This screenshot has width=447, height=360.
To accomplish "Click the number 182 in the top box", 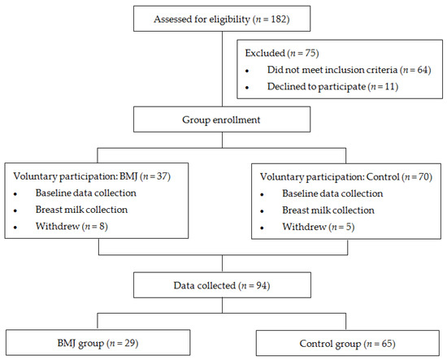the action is point(279,20).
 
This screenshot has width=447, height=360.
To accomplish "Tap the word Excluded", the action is point(265,53).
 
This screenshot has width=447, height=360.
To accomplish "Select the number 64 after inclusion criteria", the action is point(423,70).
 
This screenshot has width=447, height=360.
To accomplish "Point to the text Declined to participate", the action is point(316,87).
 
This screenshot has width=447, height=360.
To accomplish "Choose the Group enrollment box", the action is point(222,119).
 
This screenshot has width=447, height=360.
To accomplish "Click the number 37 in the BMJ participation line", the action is point(162,176).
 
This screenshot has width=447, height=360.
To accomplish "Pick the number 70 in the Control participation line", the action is point(423,177).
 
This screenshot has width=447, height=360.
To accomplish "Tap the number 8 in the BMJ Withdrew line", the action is point(102,226).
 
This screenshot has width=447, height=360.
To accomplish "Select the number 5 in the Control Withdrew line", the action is point(349,227).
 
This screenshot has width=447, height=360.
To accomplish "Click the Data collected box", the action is point(222,285).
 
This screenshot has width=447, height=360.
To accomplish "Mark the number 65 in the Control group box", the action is point(387,344).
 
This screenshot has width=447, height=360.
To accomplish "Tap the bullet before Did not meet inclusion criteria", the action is point(247,71).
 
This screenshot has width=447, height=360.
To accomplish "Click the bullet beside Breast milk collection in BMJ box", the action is point(15,211).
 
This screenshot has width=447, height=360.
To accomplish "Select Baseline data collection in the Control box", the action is point(332,193).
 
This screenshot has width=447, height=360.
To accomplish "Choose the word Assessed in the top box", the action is point(173,20).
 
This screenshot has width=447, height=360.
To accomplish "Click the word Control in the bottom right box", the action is point(316,344).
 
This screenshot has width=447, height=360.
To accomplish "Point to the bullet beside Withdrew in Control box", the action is point(262,228).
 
